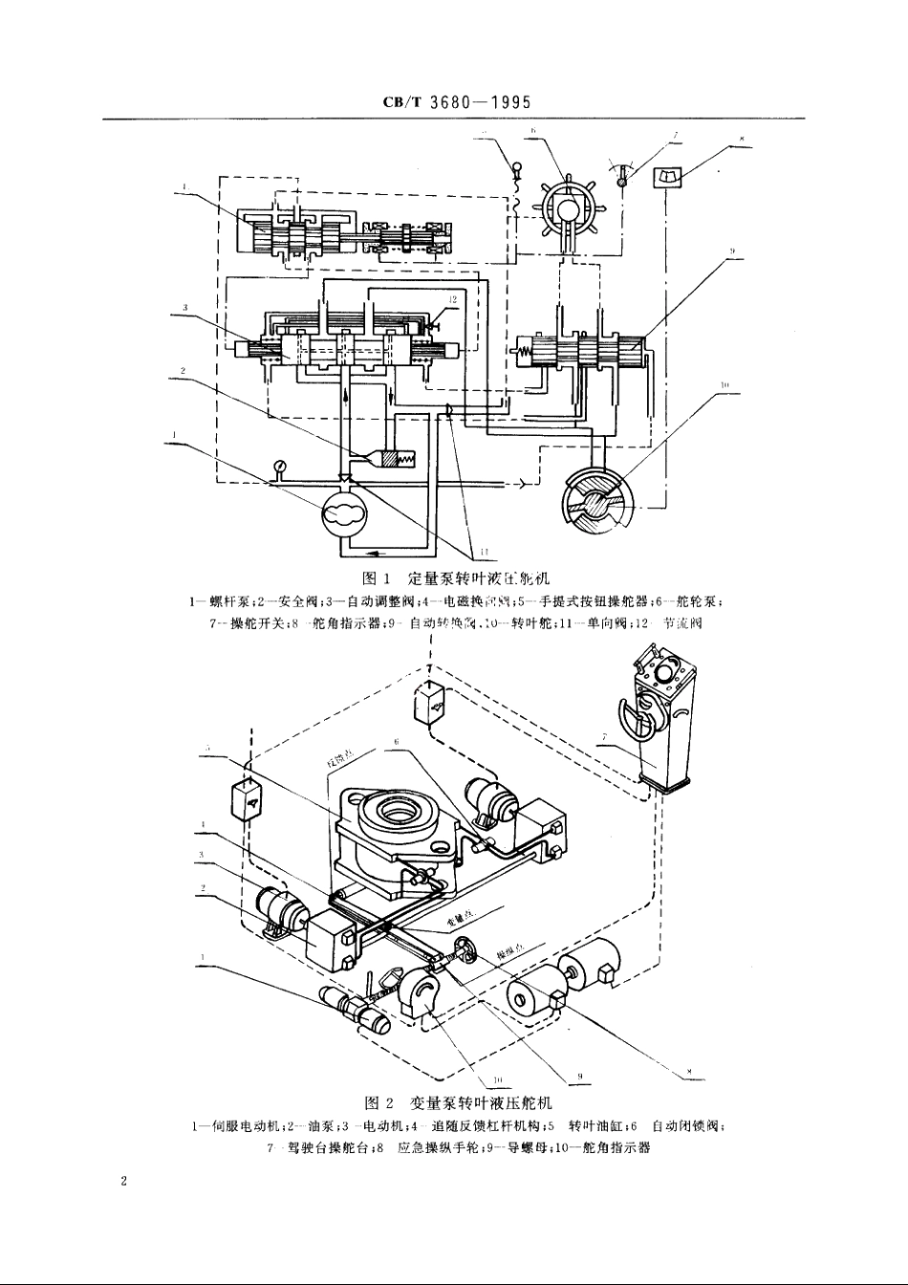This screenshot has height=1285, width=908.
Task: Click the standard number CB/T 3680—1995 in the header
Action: (x=454, y=102)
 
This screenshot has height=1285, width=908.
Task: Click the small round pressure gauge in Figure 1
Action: (x=279, y=467)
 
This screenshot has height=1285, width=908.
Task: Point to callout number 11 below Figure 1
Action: (x=486, y=552)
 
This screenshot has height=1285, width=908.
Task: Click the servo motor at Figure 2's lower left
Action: (x=361, y=1011)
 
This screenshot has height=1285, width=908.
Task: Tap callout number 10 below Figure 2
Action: (x=497, y=1082)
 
